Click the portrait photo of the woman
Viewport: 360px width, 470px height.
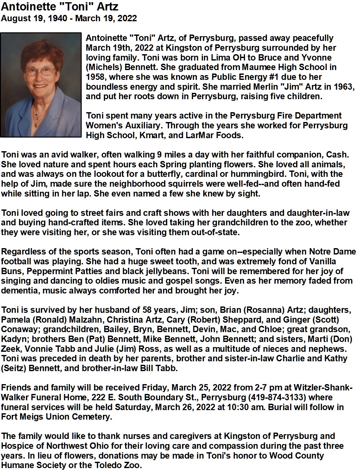[x=41, y=85]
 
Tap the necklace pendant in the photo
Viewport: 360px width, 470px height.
[x=36, y=125]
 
